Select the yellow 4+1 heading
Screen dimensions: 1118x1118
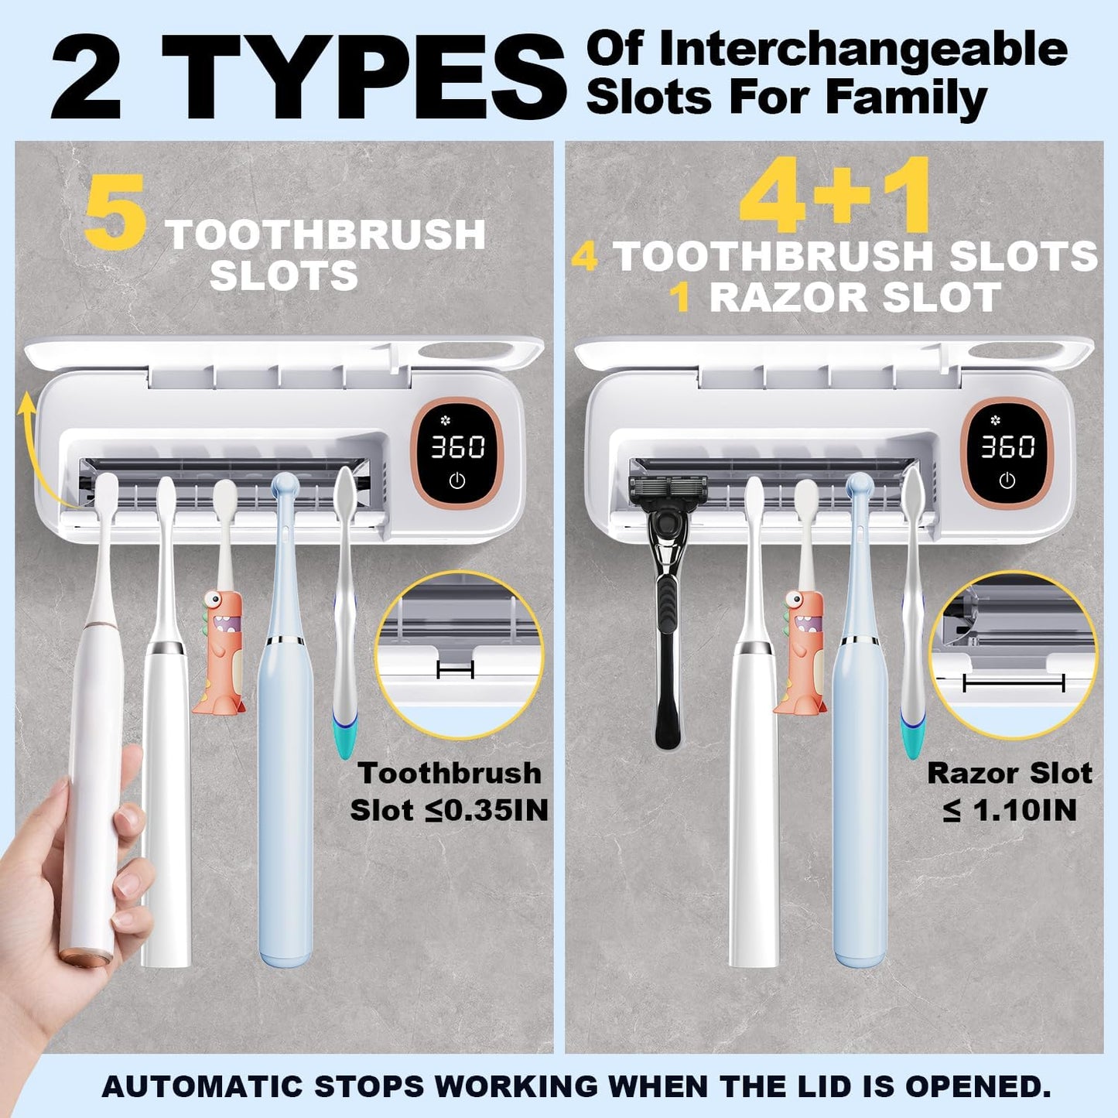[x=835, y=195]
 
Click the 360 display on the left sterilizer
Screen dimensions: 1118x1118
[x=457, y=446]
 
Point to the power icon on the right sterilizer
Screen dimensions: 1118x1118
[x=1007, y=480]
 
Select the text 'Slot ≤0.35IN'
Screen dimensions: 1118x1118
[x=449, y=810]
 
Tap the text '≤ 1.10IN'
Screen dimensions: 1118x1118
[x=1009, y=810]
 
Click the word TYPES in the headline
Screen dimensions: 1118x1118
[x=364, y=77]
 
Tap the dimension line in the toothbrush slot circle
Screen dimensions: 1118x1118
[x=455, y=669]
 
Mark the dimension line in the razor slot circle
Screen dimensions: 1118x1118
[x=1014, y=683]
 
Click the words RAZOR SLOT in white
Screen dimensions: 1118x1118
[x=855, y=298]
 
